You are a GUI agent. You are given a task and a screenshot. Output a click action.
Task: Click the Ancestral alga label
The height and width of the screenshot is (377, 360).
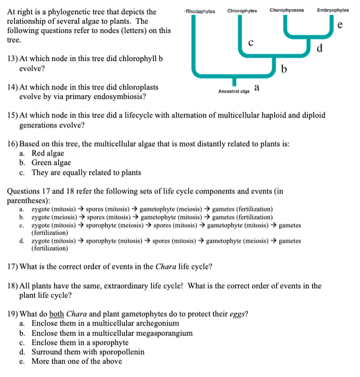(x=234, y=91)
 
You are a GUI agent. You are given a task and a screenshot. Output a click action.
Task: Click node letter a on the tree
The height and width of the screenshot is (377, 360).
(x=256, y=88)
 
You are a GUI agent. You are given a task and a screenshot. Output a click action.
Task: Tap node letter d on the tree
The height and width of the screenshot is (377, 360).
(x=320, y=48)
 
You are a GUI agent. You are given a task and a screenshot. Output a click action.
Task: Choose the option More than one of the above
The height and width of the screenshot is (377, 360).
(x=77, y=361)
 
